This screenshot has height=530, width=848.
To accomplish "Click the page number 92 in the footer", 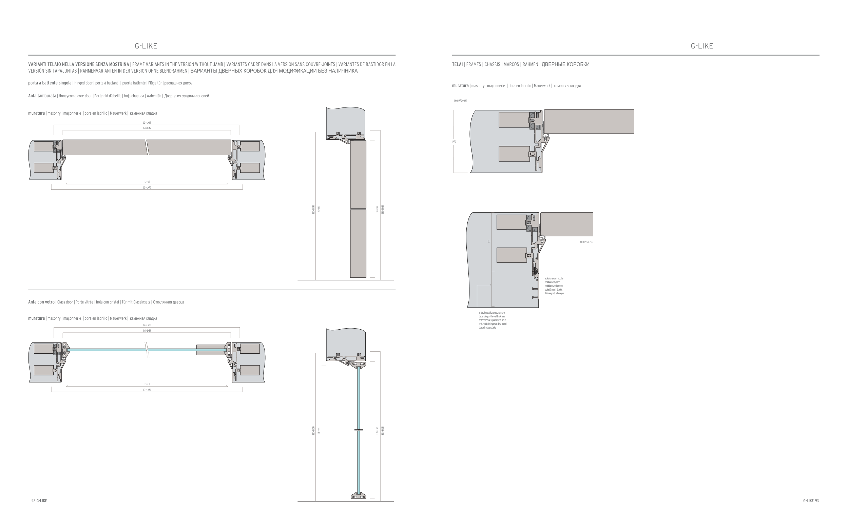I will pos(33,500).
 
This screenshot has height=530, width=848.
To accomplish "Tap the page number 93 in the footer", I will pos(817,500).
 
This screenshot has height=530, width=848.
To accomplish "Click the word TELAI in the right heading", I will pos(458,64).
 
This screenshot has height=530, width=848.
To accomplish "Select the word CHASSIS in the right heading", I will pos(492,64).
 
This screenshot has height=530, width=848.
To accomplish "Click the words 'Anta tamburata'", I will pos(42,96).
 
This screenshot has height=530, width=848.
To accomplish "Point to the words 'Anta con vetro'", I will pos(41,302).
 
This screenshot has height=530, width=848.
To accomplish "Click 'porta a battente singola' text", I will pos(50,83).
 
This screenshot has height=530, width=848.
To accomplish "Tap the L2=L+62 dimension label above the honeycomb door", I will pos(147,123).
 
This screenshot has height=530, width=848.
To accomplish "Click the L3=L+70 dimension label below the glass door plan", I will pos(147,390).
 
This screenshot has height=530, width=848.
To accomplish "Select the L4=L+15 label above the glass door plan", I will pos(147,331).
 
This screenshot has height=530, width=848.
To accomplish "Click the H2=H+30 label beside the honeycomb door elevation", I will pos(313,210).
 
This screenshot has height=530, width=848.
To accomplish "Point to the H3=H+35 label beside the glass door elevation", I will pos(383,430).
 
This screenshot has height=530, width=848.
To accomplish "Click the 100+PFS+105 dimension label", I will pos(460,101).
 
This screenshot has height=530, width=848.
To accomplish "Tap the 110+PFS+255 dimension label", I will pos(586,242).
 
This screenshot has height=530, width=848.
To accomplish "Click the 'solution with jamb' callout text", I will pos(553,282).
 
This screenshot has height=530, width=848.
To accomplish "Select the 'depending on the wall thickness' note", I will pos(492,316).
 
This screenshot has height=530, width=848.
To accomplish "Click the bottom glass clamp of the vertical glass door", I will pos(358,496).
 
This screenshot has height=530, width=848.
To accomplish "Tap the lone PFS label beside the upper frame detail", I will pos(454,142).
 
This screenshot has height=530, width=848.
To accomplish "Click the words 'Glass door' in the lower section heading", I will pos(65,302).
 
